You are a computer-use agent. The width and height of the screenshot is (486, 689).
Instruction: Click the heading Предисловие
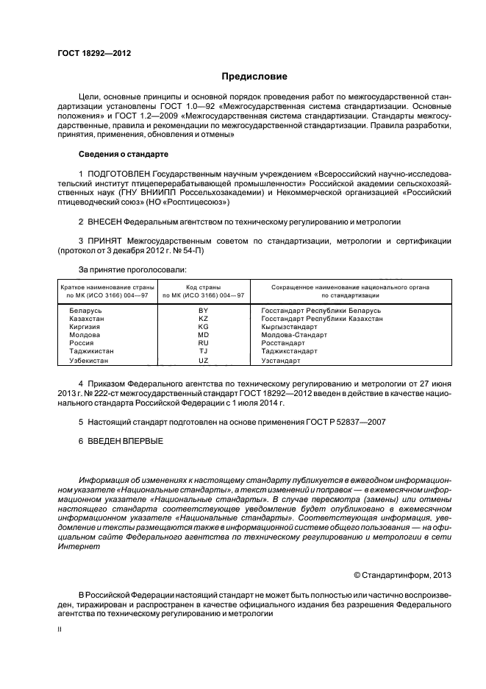pos(254,77)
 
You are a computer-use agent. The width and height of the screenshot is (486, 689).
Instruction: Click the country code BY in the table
pos(204,311)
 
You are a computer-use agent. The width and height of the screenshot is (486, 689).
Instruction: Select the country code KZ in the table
pos(204,319)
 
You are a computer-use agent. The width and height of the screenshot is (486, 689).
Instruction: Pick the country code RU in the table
pos(204,343)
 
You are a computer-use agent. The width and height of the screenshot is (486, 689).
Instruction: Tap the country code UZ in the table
pos(204,361)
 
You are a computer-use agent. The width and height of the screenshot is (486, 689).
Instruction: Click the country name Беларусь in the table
pos(85,311)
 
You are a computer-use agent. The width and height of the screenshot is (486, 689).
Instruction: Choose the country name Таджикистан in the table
pos(92,351)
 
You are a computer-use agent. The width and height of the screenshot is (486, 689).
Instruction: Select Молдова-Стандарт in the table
pos(294,335)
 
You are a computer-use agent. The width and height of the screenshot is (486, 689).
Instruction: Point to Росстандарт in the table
pos(282,343)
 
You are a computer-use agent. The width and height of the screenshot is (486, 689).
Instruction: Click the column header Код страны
pos(204,286)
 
